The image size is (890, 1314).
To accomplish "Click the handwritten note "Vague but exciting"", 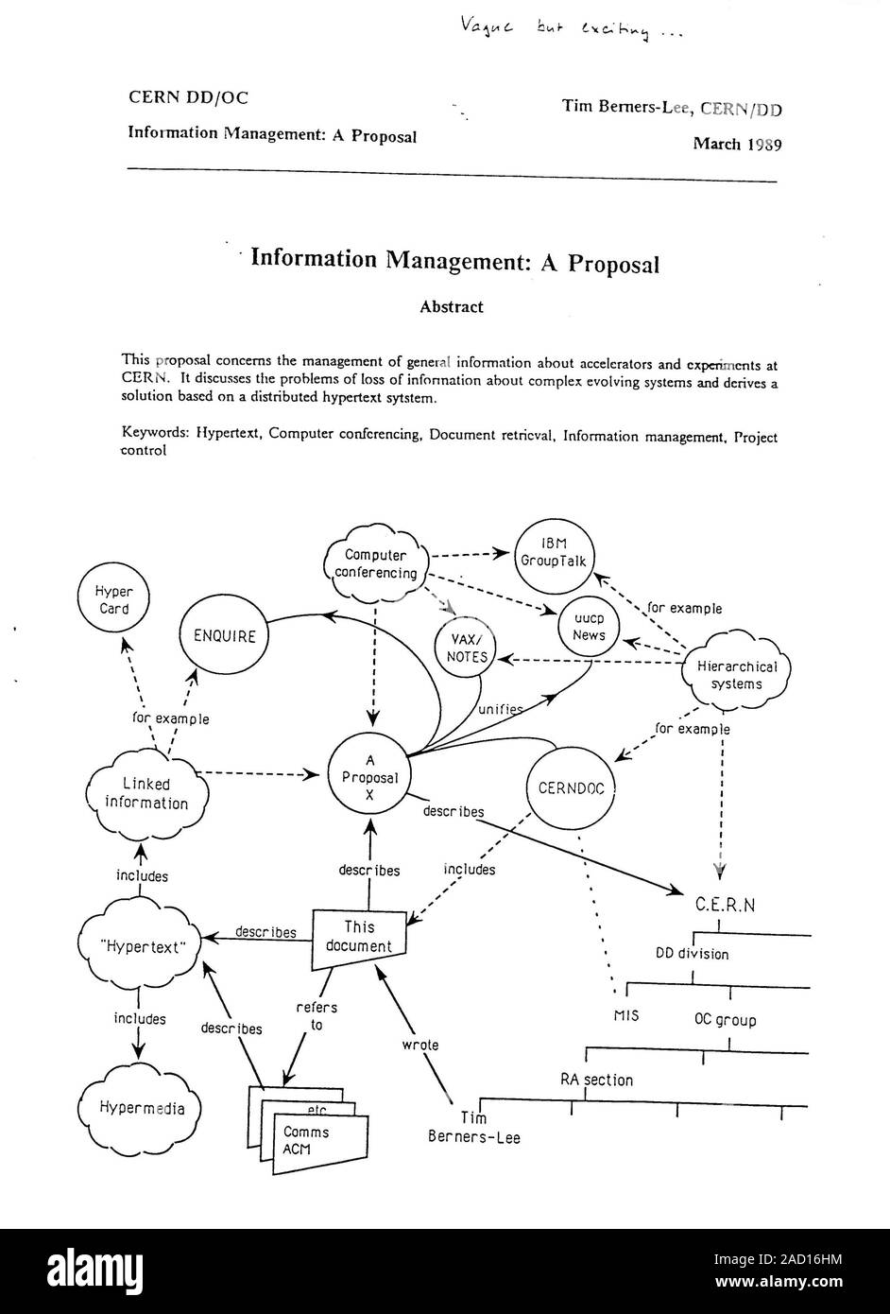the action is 571,28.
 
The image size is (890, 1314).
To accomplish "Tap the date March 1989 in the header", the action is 737,144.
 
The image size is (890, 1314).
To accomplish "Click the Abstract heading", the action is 452,307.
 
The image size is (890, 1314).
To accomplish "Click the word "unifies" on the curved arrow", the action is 500,709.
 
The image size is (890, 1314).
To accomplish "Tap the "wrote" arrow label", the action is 420,1045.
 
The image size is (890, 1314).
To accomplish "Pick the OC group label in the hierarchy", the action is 726,1020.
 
